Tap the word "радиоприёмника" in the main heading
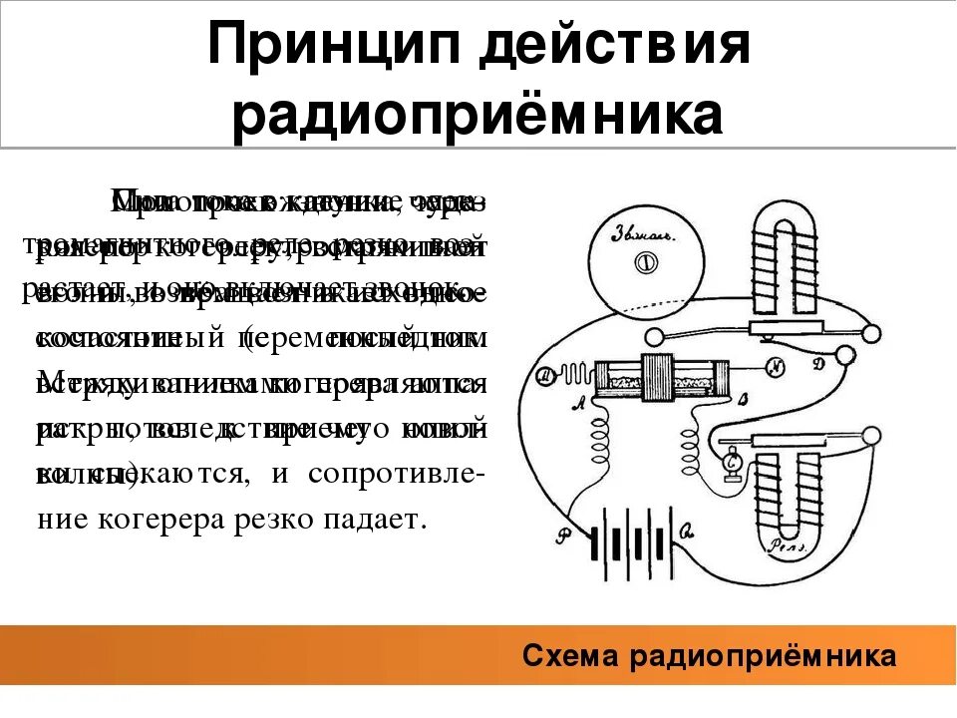[478, 115]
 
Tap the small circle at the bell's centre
[644, 264]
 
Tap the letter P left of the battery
[564, 536]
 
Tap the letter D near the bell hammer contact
[817, 364]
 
